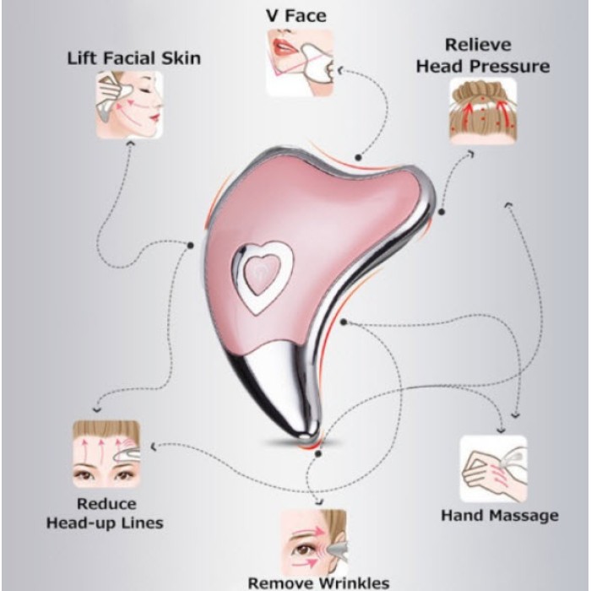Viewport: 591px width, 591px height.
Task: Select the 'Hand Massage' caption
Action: coord(499,515)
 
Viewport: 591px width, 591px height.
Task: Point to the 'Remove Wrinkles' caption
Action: coord(318,582)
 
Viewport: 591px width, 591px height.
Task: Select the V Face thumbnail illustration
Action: coord(301,62)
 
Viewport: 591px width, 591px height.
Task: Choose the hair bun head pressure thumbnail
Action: coord(480,109)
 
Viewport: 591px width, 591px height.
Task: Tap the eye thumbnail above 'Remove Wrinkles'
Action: coord(313,539)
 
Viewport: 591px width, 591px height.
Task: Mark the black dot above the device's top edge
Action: coord(359,157)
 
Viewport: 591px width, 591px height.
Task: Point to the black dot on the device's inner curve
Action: coord(345,321)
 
